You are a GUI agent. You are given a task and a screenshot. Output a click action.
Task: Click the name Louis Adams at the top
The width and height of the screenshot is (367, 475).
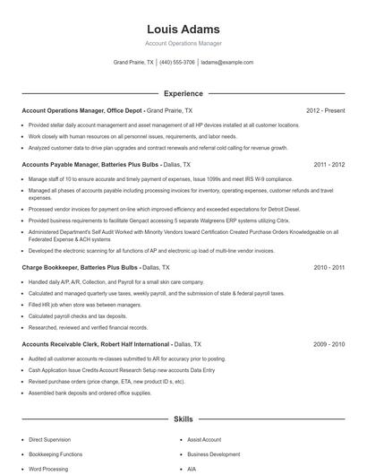(x=183, y=30)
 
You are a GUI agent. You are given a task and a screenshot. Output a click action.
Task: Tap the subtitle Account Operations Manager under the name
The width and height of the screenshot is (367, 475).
(x=183, y=45)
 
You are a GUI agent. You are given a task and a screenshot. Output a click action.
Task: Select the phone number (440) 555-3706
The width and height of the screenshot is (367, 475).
(x=177, y=63)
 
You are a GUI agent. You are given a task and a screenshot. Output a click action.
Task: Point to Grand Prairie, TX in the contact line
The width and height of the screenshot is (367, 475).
(x=133, y=63)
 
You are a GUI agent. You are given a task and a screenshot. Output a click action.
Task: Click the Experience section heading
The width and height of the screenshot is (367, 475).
(x=183, y=93)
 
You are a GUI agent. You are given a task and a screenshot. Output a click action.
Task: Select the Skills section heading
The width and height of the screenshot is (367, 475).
(x=183, y=419)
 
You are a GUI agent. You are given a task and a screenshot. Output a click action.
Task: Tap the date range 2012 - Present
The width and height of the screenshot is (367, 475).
(x=325, y=110)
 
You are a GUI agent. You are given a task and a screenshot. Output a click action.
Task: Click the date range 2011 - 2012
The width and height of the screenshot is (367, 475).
(x=329, y=165)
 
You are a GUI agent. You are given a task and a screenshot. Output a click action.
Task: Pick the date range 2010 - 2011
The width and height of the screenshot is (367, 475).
(x=329, y=267)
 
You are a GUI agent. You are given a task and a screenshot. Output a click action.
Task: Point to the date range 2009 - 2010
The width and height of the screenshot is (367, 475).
(x=329, y=343)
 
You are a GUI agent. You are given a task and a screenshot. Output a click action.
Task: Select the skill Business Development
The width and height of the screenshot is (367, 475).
(x=213, y=454)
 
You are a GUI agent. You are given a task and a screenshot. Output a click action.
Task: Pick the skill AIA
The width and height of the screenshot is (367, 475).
(x=192, y=469)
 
